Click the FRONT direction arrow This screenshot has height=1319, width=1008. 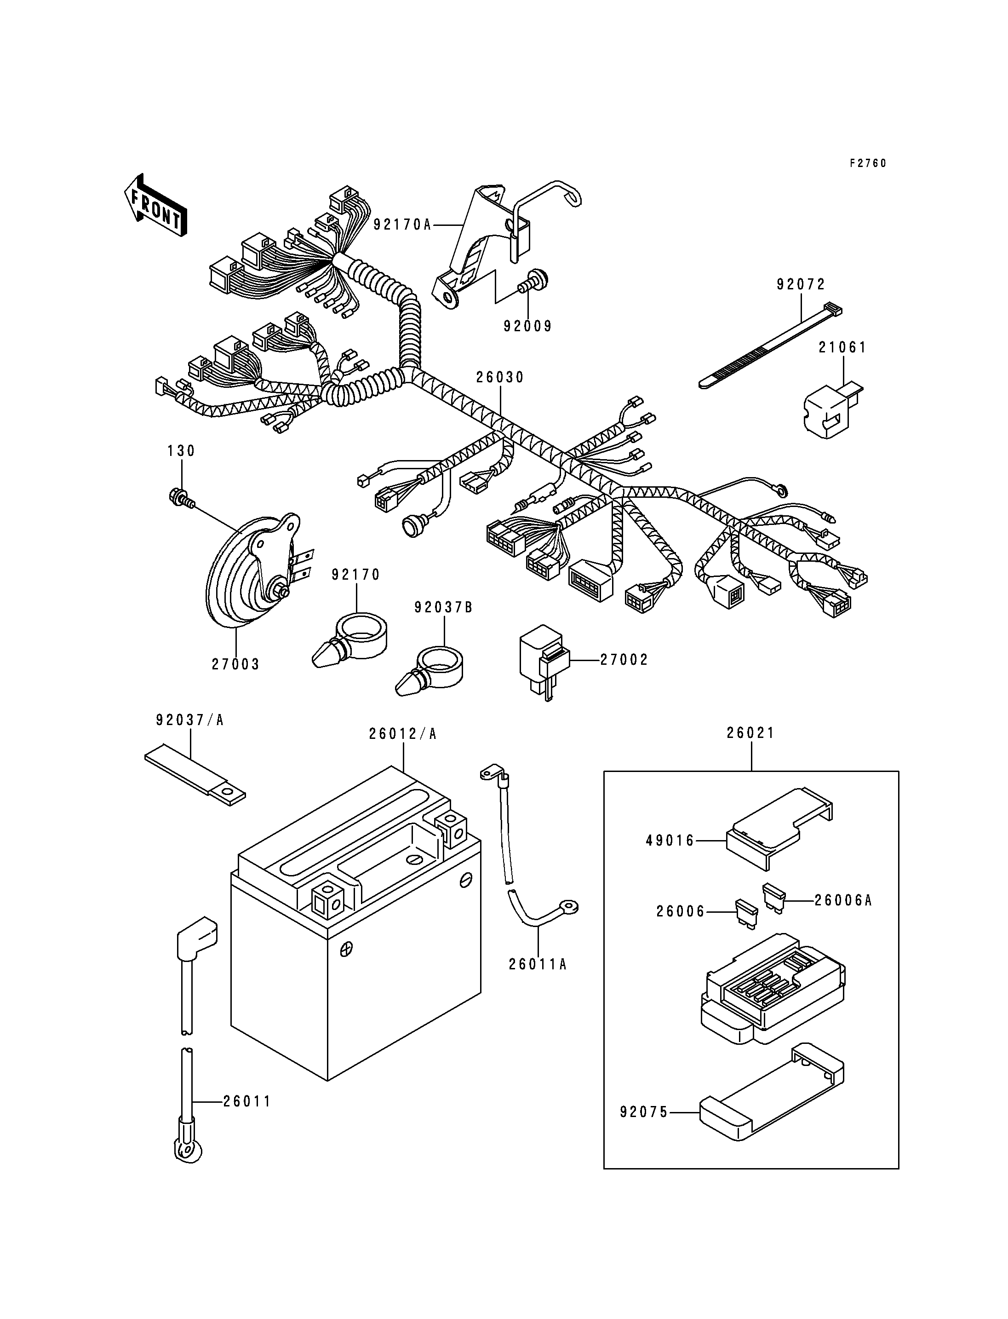tap(155, 205)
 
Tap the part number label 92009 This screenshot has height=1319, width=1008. tap(527, 326)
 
